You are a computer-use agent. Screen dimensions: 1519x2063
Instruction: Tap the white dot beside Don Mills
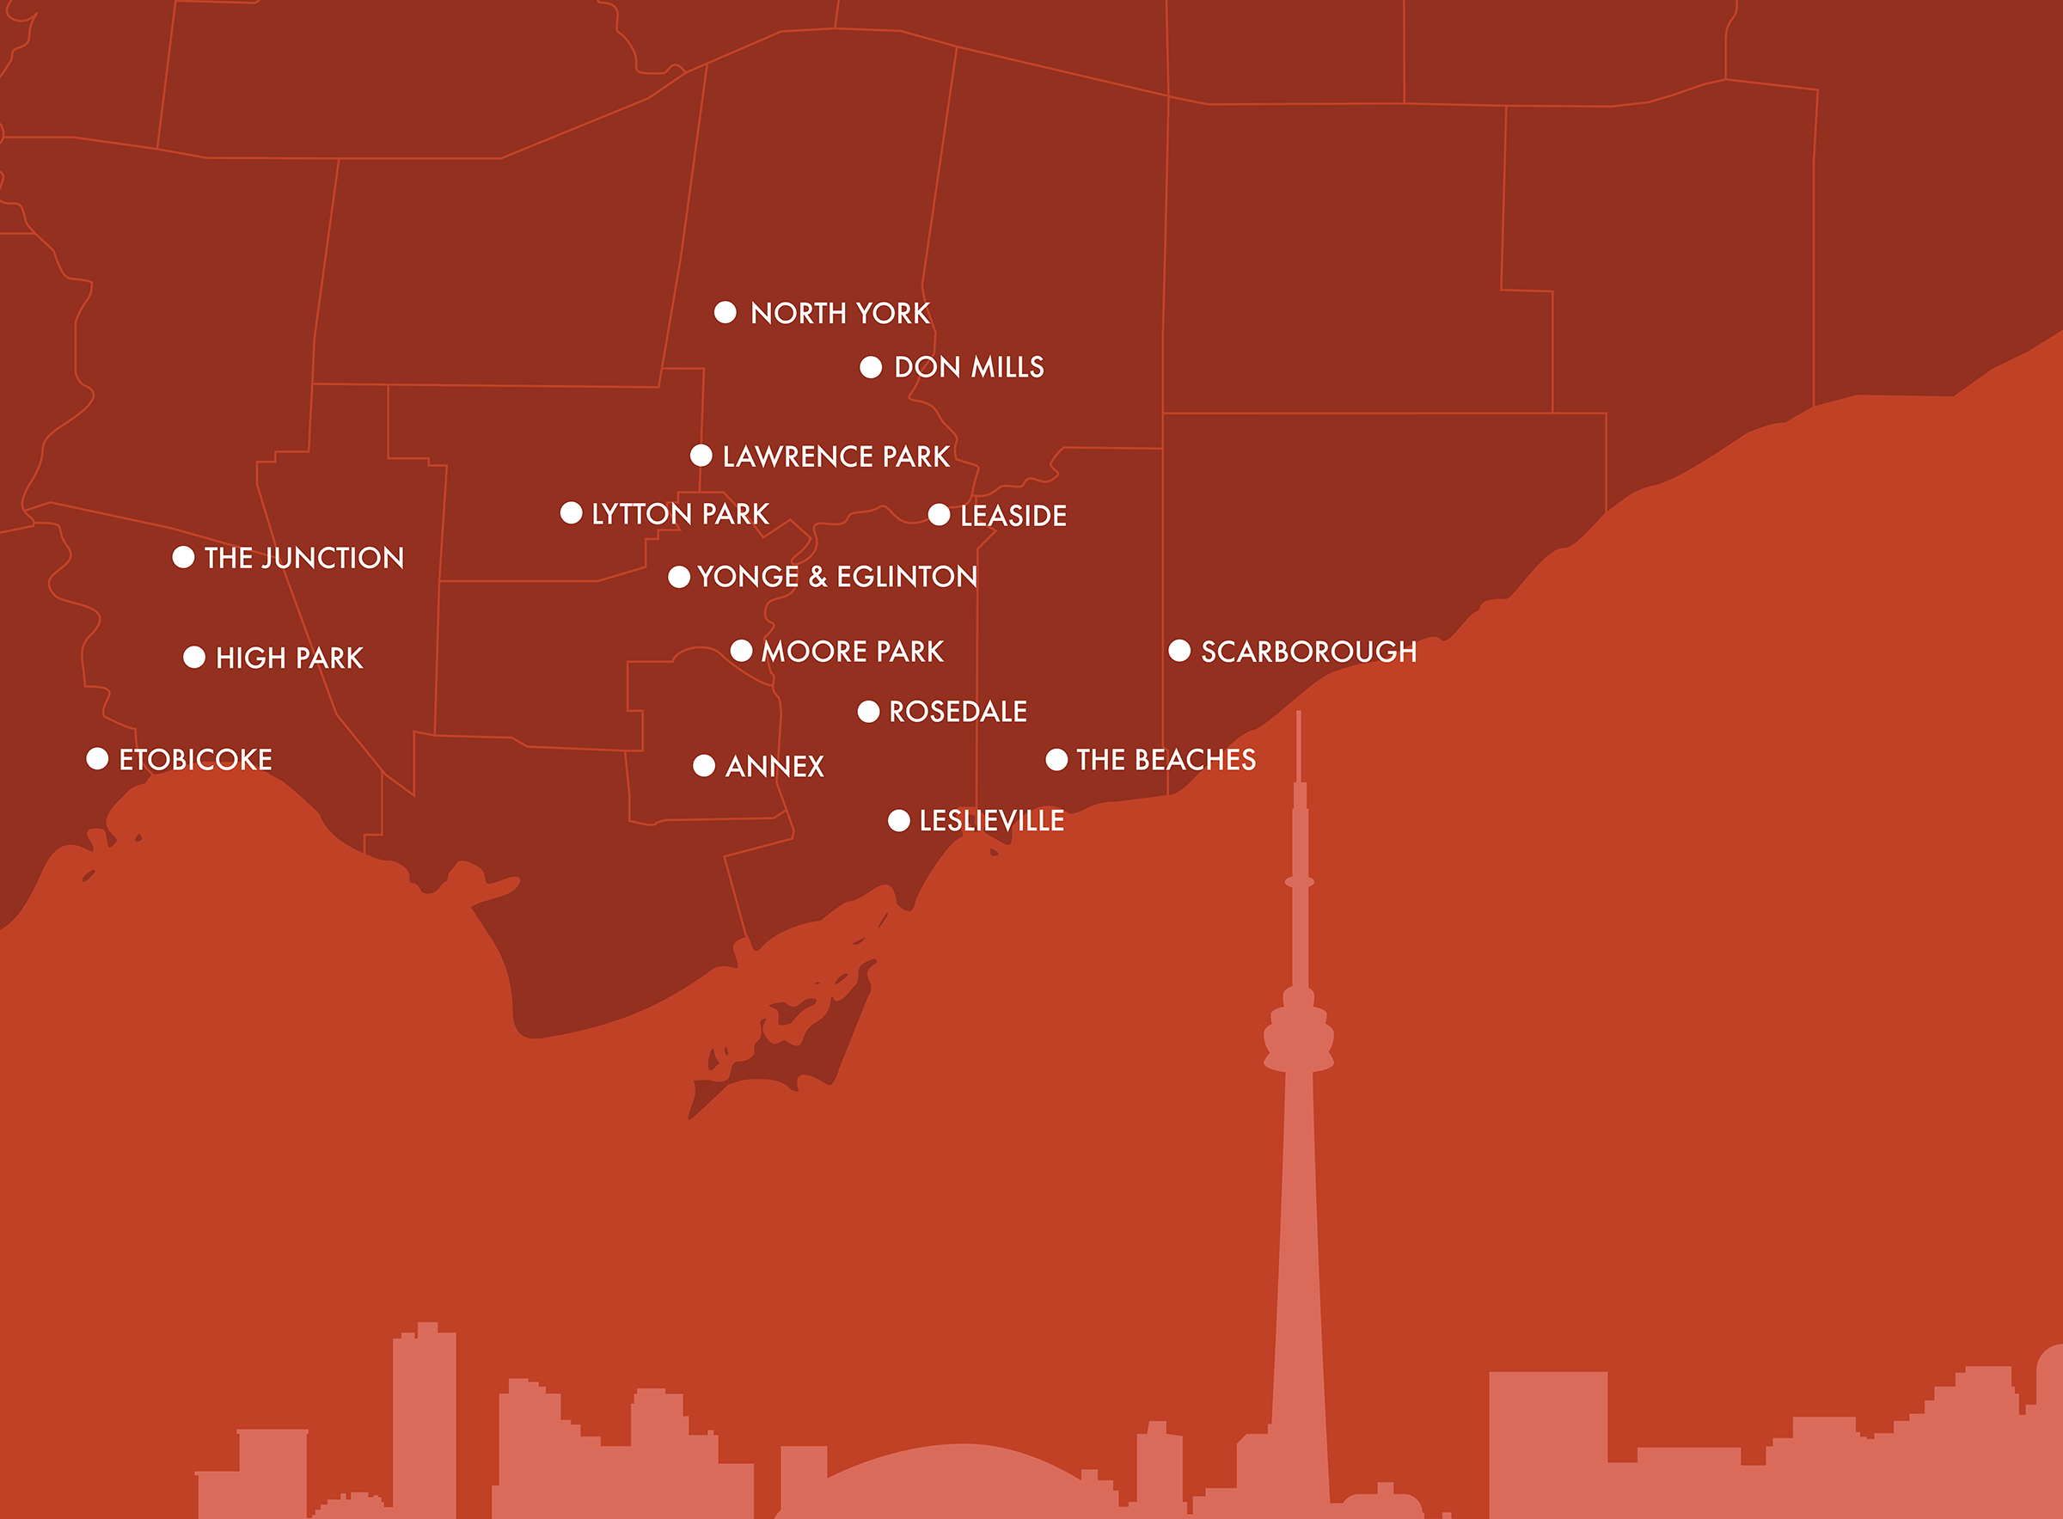[x=871, y=368]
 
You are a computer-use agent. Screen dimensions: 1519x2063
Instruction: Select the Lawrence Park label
[x=835, y=457]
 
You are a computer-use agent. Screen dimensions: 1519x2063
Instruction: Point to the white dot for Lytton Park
[x=571, y=513]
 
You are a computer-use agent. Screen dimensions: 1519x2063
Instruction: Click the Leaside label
[x=1013, y=516]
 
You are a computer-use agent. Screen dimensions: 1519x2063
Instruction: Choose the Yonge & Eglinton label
[x=836, y=577]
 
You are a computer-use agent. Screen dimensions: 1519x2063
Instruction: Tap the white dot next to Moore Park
[x=741, y=651]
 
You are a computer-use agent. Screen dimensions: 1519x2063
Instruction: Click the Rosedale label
[x=957, y=712]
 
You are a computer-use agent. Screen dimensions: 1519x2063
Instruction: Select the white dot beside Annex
[x=704, y=766]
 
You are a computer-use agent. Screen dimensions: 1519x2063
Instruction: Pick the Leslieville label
[x=991, y=821]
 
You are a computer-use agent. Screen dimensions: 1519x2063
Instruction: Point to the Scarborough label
[x=1308, y=652]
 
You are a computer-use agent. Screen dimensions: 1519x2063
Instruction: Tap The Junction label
[x=303, y=558]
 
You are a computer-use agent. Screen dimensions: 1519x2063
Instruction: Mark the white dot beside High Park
[x=194, y=658]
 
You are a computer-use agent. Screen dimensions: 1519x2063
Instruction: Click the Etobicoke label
[x=195, y=760]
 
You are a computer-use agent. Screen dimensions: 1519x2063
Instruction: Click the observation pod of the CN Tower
[x=1298, y=1038]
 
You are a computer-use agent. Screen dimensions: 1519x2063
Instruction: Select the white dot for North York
[x=725, y=313]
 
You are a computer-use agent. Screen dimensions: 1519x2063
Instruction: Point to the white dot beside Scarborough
[x=1179, y=651]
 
